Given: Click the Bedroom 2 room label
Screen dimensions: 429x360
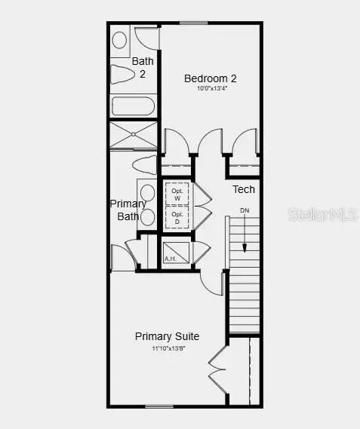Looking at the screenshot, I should coord(211,78).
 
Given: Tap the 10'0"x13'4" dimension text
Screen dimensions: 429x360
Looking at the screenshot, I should coord(211,88).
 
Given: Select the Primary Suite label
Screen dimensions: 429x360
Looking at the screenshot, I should coord(167,336).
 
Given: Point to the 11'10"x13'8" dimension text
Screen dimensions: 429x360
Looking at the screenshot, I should coord(167,348).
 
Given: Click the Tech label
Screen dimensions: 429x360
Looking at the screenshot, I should coord(243,189).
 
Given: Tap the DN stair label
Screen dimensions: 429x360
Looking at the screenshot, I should coord(244,210).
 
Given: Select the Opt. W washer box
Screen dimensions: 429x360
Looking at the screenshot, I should coord(177,194).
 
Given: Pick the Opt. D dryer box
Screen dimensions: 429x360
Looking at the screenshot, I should coord(177,217).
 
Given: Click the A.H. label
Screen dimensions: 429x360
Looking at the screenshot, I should coord(171,259).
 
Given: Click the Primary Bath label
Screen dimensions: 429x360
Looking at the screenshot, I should coord(128,210).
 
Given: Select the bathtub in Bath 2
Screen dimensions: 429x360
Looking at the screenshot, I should coord(134,105).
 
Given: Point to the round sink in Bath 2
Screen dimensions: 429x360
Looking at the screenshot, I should coord(120,40).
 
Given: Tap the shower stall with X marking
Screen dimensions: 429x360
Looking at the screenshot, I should coord(133,135).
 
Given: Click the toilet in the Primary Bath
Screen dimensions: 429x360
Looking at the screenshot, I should coord(144,164).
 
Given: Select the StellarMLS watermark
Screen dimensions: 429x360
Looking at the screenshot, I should coord(318,215).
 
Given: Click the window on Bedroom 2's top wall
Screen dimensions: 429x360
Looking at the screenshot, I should coord(194,23).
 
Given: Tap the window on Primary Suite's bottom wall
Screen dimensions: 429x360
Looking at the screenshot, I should coord(158,407).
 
